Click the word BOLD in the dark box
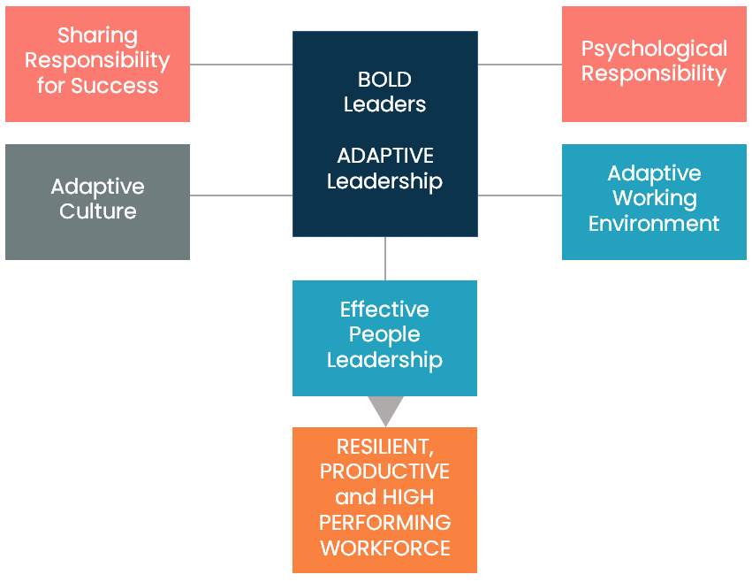384,80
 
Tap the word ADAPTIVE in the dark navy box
384,157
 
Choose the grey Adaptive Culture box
97,202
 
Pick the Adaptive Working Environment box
654,202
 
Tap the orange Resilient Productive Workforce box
384,500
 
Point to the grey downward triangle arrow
385,410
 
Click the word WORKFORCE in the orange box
384,548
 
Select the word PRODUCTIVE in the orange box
384,471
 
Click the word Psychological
654,49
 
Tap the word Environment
654,224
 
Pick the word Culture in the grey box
97,212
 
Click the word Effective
384,310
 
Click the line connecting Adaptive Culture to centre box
241,195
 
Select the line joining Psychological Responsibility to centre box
520,65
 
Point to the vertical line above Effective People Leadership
385,258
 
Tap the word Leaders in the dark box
384,104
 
